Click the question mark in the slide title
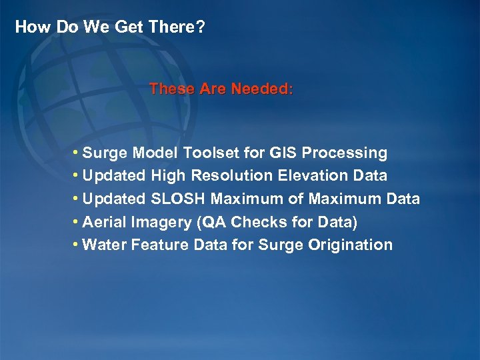click(x=200, y=27)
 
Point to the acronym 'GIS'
click(x=283, y=153)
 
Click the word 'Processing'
click(x=345, y=153)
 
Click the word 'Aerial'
click(x=105, y=222)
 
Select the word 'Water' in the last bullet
click(x=105, y=245)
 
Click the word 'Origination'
click(x=351, y=245)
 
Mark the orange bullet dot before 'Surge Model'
click(x=77, y=153)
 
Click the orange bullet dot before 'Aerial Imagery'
click(x=77, y=222)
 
